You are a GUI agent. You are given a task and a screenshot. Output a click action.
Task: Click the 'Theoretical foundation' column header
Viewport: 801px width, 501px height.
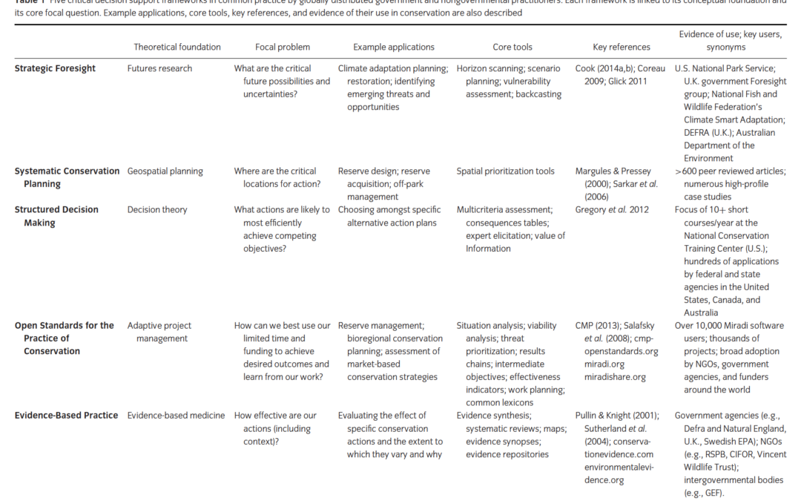click(x=177, y=47)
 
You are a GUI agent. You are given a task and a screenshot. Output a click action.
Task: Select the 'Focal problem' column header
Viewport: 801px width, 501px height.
click(x=283, y=47)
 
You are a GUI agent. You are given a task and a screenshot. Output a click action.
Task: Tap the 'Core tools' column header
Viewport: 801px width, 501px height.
click(x=512, y=47)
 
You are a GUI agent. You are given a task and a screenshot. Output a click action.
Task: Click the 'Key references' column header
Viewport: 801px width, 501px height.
click(x=622, y=47)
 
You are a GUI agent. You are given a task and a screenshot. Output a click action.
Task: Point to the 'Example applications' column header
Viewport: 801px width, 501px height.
click(x=394, y=47)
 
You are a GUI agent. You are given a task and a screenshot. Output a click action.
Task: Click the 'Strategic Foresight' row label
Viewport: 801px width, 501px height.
click(x=55, y=68)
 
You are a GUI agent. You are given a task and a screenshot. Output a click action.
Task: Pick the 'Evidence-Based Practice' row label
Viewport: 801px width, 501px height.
click(x=66, y=416)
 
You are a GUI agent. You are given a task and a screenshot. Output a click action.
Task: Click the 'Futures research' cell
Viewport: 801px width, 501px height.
click(x=159, y=68)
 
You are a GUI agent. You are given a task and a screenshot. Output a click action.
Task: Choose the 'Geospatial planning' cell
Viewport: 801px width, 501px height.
click(x=165, y=171)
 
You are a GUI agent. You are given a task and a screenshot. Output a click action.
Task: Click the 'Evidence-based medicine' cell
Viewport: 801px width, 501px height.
click(x=176, y=416)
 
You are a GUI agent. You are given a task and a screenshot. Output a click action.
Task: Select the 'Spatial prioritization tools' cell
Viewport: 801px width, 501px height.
click(x=505, y=171)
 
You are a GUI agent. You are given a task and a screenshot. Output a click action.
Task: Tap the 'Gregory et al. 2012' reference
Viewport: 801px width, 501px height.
click(x=612, y=210)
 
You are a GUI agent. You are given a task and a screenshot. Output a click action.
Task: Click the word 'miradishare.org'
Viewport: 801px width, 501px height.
click(x=615, y=377)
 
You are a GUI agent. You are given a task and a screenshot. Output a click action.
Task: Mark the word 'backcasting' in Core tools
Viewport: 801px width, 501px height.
click(x=537, y=94)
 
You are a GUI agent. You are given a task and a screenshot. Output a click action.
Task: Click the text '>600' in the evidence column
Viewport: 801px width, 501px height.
click(x=687, y=171)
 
